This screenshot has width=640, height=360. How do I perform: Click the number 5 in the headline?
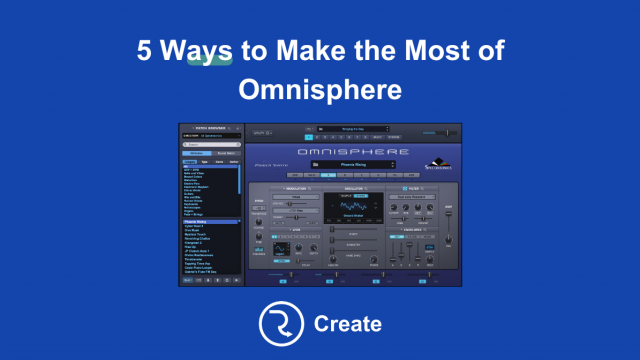[x=144, y=50]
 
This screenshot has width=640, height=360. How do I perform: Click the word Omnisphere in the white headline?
[x=320, y=89]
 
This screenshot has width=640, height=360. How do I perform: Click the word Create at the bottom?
[x=347, y=324]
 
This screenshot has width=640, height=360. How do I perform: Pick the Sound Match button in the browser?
[x=225, y=153]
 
